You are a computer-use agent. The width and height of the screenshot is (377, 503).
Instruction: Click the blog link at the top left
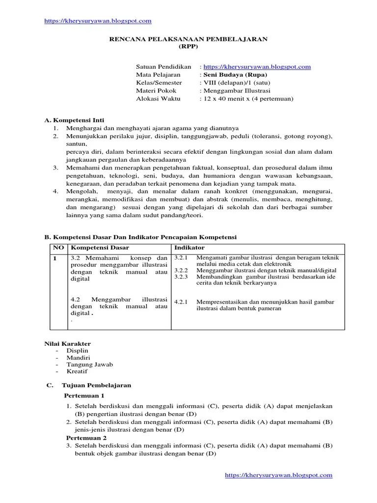coord(97,21)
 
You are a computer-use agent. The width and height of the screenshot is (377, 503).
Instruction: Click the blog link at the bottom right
coord(278,475)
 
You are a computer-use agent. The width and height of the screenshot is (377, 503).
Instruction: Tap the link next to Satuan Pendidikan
coord(257,67)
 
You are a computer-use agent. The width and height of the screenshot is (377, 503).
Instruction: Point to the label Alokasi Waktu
coord(158,98)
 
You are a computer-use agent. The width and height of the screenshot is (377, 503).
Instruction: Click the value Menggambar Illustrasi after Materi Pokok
coord(235,90)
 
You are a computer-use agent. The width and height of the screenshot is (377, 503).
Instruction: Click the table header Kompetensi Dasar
coord(95,248)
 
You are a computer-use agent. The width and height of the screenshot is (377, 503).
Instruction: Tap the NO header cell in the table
coord(58,248)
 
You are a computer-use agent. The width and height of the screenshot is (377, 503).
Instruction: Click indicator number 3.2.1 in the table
coord(181,257)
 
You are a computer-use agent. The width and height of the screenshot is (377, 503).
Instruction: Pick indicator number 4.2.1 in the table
coord(181,302)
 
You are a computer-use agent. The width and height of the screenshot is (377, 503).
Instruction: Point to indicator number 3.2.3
coord(181,277)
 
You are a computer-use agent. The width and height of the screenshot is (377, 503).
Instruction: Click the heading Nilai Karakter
coord(68,343)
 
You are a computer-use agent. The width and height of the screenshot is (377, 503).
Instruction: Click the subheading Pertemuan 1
coord(84,395)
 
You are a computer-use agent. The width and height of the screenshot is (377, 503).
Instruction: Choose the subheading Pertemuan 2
coord(86,438)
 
